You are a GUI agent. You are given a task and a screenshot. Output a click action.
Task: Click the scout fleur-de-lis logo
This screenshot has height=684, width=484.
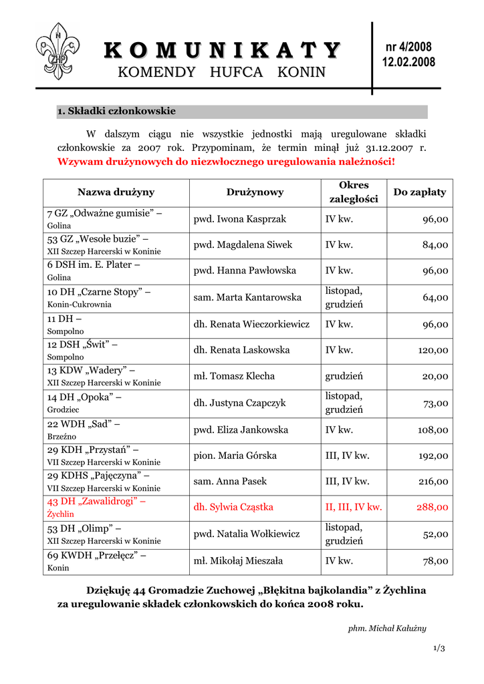click(57, 51)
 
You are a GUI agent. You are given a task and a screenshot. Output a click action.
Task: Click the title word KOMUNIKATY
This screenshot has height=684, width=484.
click(222, 50)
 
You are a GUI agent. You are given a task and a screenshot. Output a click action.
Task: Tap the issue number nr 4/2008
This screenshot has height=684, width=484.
click(408, 47)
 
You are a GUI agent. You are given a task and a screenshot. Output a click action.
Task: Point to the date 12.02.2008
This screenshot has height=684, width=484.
click(408, 62)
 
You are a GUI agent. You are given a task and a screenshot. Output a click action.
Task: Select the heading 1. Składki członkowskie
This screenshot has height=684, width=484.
click(116, 111)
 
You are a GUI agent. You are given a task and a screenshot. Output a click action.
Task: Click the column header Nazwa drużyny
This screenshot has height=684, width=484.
click(116, 192)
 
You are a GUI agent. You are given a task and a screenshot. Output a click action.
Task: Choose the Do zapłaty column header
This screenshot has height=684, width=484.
click(419, 192)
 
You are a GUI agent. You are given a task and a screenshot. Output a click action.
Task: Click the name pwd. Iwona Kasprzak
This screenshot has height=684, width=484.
click(240, 219)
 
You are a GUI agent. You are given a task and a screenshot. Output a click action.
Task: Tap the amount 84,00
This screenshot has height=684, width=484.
click(435, 245)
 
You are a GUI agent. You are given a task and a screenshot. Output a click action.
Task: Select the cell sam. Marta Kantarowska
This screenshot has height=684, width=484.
click(247, 297)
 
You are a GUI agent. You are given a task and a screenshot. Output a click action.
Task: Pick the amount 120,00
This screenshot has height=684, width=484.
click(433, 350)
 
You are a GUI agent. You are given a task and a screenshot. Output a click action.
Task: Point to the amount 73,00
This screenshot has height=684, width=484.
click(435, 403)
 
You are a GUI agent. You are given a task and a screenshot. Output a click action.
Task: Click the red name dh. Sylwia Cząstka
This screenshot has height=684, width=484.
click(233, 507)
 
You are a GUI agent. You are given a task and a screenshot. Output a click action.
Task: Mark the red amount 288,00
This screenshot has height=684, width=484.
click(433, 508)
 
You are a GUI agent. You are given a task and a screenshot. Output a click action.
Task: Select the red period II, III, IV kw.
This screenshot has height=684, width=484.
click(354, 507)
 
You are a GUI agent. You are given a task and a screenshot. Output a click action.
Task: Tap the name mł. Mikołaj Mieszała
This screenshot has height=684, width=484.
click(238, 560)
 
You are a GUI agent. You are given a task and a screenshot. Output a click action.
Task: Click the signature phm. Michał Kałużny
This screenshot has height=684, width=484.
click(387, 629)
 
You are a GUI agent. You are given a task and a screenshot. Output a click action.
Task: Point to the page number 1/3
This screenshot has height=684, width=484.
click(439, 649)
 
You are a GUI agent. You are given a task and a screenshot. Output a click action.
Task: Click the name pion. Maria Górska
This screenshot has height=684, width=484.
click(235, 456)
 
